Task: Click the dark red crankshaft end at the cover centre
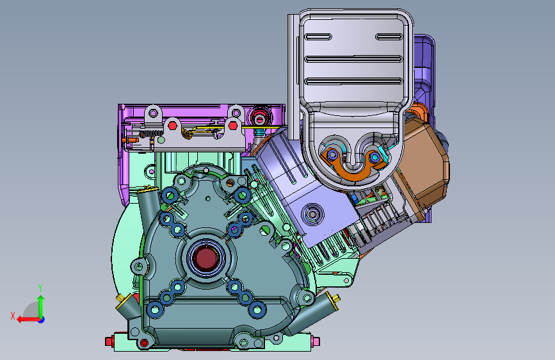tap(205, 258)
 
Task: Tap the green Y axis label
tap(40, 288)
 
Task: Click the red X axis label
tap(13, 316)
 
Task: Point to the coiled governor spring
tap(150, 134)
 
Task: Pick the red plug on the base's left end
tap(109, 341)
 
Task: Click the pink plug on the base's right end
tap(316, 341)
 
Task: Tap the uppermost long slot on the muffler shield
tap(353, 59)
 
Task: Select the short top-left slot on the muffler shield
tap(318, 37)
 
